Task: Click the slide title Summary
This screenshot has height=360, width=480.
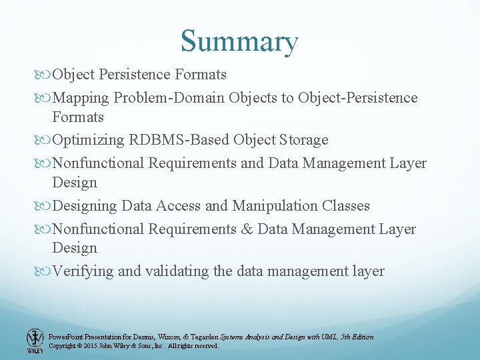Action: (x=239, y=41)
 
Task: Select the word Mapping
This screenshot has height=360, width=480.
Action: (x=81, y=98)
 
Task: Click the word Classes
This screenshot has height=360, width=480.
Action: (x=344, y=205)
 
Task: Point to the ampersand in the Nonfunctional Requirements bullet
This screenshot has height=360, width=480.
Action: (x=247, y=229)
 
